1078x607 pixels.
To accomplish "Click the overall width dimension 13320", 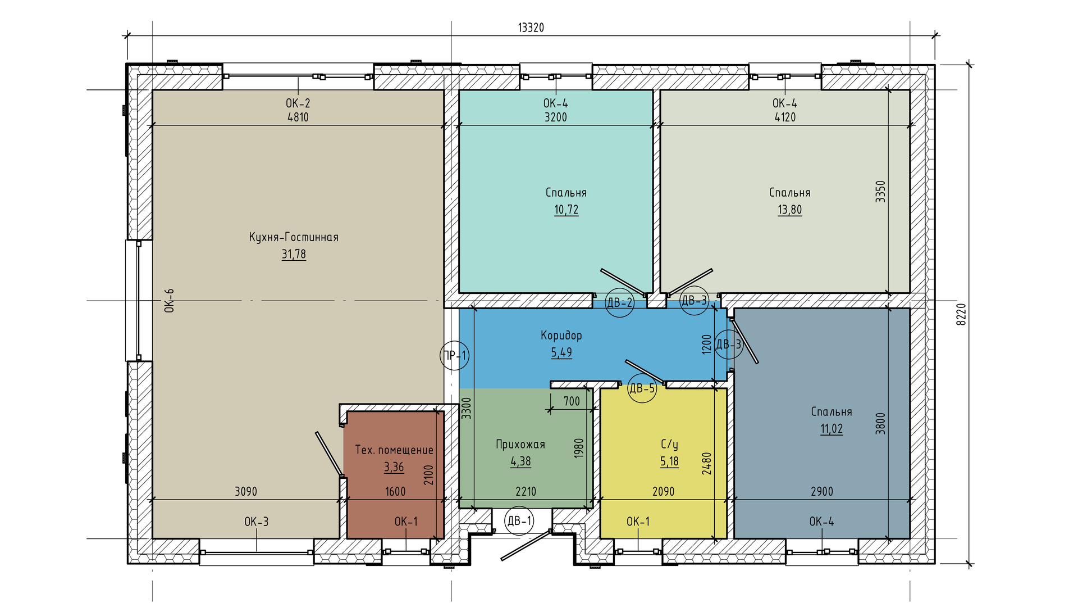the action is click(531, 28).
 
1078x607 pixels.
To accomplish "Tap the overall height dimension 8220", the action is click(961, 314).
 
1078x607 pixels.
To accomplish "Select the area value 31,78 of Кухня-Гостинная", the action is click(294, 254).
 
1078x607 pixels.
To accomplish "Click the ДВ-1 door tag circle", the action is click(519, 521).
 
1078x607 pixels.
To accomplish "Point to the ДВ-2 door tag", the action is click(620, 302).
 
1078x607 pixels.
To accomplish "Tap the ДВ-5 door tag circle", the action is click(642, 388).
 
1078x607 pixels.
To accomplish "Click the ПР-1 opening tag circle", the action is click(454, 355).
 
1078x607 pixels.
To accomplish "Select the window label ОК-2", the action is click(298, 103).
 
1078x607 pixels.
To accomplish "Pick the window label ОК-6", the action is click(169, 300).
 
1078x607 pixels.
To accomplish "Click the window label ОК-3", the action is click(257, 522).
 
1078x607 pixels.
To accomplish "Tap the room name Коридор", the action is click(561, 336).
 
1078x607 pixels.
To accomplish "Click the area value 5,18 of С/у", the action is click(669, 461).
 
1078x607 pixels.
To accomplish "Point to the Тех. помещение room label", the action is click(394, 450).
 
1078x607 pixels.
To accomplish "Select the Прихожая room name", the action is click(520, 445).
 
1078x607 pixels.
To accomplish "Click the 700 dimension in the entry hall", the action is click(572, 401).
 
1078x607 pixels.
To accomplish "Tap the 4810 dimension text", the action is click(298, 117).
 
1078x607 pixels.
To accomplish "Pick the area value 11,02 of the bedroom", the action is click(832, 429).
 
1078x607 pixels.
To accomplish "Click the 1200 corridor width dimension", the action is click(707, 344).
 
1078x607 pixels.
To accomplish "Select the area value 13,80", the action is click(790, 210).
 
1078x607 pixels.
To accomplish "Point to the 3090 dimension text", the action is click(246, 492).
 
